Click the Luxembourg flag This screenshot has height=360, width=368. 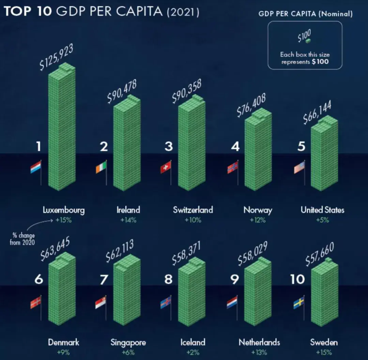point(36,167)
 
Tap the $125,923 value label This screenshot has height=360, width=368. point(57,57)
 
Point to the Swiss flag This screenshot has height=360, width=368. point(166,167)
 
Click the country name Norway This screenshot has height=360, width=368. point(258,210)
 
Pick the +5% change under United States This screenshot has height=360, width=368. point(322,220)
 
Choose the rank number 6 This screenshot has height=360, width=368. point(39,279)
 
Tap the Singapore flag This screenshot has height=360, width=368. point(101,302)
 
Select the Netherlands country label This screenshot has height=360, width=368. point(259,342)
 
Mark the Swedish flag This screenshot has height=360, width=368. point(299,302)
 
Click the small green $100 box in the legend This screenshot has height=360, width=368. point(308,41)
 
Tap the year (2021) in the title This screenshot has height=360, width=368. point(183,12)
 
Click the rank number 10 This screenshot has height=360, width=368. point(297,279)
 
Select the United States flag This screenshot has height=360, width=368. point(300,167)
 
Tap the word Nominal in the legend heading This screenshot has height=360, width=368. point(337,14)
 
